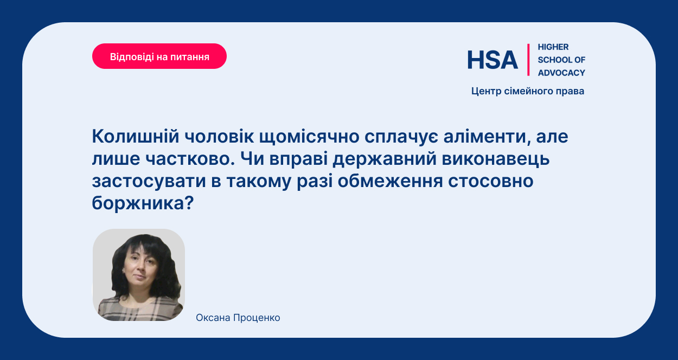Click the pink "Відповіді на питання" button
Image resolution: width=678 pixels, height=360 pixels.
pyautogui.click(x=159, y=56)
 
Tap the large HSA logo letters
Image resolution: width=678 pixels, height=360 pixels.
pyautogui.click(x=492, y=60)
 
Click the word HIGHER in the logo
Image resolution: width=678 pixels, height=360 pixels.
pyautogui.click(x=553, y=47)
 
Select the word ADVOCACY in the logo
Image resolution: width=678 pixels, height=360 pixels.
pyautogui.click(x=561, y=73)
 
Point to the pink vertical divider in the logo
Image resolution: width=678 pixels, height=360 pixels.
pyautogui.click(x=528, y=60)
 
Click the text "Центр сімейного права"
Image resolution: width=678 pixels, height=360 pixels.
pyautogui.click(x=528, y=91)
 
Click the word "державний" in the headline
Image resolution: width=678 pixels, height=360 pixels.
pyautogui.click(x=385, y=159)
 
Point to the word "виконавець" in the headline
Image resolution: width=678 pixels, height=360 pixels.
pyautogui.click(x=496, y=159)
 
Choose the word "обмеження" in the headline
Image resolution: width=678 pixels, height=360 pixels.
pyautogui.click(x=391, y=181)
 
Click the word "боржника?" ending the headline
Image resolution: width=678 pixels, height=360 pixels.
pyautogui.click(x=143, y=203)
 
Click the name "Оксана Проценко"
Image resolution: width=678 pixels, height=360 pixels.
pyautogui.click(x=238, y=318)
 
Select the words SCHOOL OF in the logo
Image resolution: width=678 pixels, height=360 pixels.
pyautogui.click(x=561, y=60)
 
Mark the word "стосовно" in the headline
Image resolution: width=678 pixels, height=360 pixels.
pyautogui.click(x=491, y=181)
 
